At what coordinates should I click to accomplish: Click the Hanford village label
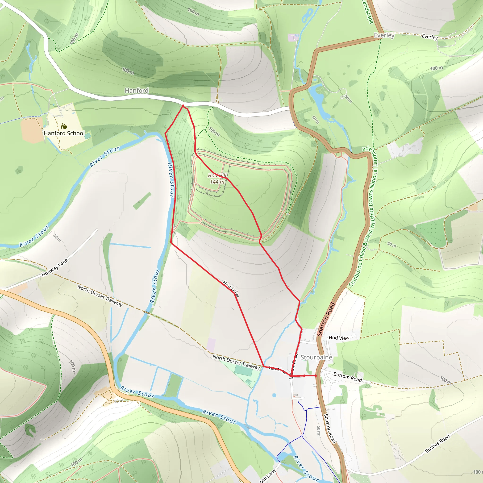137,91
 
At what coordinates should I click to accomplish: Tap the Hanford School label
64,133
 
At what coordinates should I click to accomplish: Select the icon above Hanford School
64,126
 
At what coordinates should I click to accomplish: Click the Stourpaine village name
316,357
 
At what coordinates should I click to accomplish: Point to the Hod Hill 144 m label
217,179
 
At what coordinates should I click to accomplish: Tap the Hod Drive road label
231,289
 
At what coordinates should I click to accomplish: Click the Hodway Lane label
54,268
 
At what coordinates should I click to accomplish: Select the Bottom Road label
347,377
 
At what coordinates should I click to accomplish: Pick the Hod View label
339,338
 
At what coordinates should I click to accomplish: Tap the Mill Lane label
268,476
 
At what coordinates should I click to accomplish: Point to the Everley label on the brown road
384,35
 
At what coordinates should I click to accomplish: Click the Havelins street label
277,370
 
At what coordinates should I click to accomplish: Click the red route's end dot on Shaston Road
316,376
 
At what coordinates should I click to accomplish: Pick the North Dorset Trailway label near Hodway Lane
100,296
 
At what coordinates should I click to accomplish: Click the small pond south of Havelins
274,395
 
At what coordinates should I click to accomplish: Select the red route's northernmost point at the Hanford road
183,105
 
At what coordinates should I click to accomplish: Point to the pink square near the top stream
291,38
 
